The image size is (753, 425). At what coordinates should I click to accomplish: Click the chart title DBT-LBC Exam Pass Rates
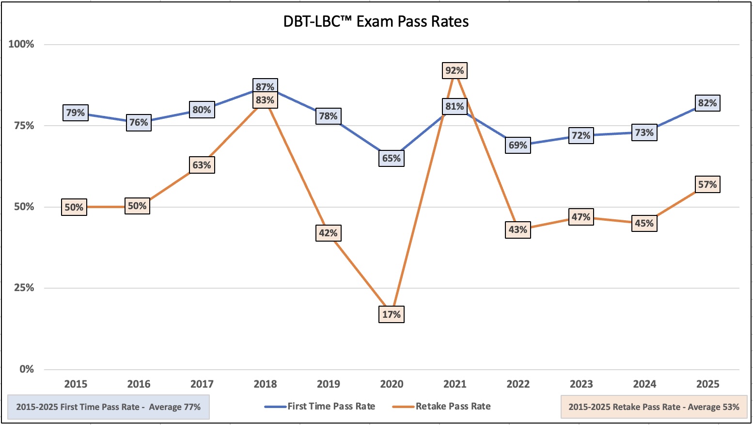pyautogui.click(x=376, y=22)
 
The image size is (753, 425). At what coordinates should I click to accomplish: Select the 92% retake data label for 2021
pyautogui.click(x=455, y=71)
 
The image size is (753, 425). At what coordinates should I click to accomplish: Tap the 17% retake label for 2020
pyautogui.click(x=391, y=314)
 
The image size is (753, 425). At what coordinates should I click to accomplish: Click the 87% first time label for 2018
pyautogui.click(x=265, y=86)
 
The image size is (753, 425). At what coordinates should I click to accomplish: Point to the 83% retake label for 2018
pyautogui.click(x=265, y=100)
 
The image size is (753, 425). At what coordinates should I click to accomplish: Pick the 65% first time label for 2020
pyautogui.click(x=391, y=158)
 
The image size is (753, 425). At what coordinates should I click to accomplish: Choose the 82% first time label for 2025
pyautogui.click(x=707, y=103)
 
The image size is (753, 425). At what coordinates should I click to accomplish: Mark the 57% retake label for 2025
pyautogui.click(x=707, y=184)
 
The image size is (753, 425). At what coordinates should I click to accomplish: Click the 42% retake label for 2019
pyautogui.click(x=328, y=233)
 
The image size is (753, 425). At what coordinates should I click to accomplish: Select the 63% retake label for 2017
pyautogui.click(x=202, y=165)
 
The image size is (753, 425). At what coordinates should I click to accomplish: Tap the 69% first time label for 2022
pyautogui.click(x=518, y=145)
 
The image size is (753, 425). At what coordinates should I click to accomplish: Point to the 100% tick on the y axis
pyautogui.click(x=21, y=44)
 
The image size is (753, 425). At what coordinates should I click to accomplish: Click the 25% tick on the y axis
pyautogui.click(x=24, y=288)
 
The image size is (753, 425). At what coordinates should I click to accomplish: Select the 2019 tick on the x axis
pyautogui.click(x=328, y=384)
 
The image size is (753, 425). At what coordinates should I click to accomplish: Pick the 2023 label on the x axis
pyautogui.click(x=581, y=384)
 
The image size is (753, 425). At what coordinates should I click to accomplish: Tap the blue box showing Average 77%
pyautogui.click(x=109, y=407)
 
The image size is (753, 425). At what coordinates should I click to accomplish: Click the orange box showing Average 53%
pyautogui.click(x=654, y=407)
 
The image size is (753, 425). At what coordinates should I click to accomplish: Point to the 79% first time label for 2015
pyautogui.click(x=76, y=113)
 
